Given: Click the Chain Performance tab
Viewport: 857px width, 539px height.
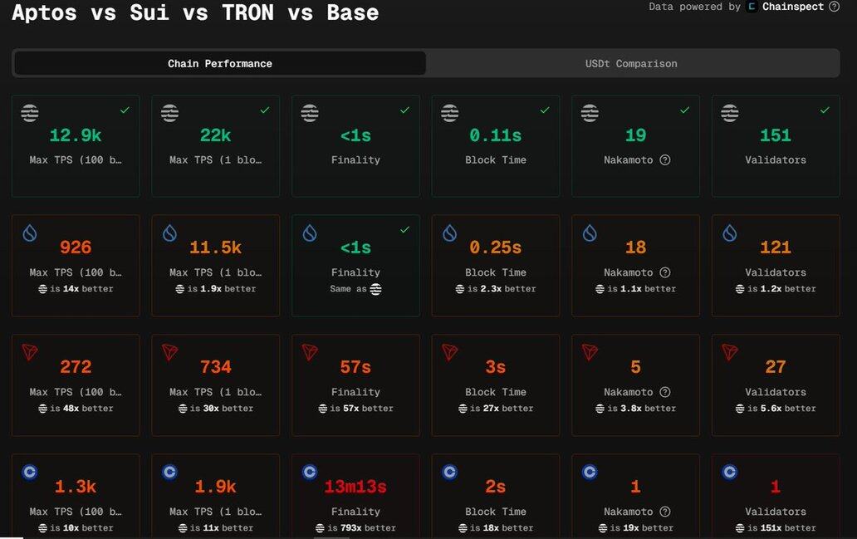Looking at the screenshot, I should pos(219,63).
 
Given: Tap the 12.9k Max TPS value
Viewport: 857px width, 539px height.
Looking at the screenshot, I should pos(76,135).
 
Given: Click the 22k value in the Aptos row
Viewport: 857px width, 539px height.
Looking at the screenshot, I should pos(215,135).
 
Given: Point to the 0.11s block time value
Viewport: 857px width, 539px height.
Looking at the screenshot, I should pos(496,135).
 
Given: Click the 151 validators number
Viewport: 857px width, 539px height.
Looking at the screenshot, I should pos(776,135).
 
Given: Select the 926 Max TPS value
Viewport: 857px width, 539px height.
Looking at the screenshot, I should pos(76,247).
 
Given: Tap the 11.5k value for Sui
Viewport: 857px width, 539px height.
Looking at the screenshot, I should pos(215,247).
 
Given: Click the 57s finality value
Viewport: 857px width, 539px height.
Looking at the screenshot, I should pos(355,367).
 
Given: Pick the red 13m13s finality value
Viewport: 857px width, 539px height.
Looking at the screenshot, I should pos(355,487).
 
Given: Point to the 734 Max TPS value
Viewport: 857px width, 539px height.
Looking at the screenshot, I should pos(215,367).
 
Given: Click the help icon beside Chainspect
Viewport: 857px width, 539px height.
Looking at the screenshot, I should pos(834,7).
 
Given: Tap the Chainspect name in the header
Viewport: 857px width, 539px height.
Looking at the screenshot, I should pos(792,7).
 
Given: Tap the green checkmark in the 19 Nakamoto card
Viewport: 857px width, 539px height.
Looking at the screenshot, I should pos(684,110).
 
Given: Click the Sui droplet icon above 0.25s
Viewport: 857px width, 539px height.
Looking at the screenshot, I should pos(449,233).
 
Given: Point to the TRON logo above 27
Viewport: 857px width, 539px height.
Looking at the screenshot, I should pos(729,352).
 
